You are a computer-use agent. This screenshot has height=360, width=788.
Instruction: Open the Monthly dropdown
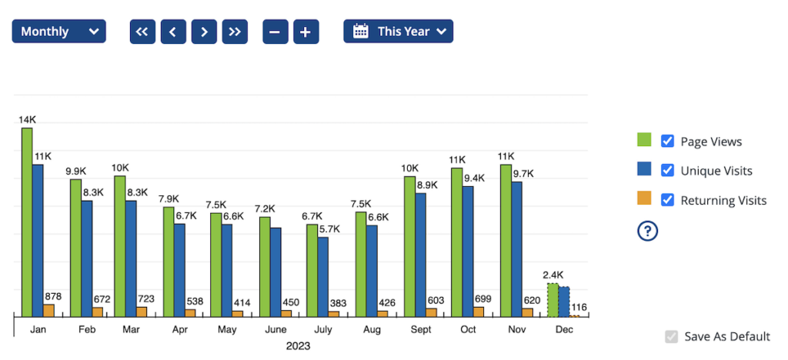click(x=59, y=32)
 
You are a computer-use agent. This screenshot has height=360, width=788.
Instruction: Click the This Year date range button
click(x=399, y=32)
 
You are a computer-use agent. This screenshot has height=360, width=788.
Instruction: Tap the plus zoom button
click(x=306, y=32)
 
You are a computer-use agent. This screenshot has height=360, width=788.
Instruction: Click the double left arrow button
click(x=142, y=32)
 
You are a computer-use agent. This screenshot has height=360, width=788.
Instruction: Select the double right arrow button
click(x=235, y=32)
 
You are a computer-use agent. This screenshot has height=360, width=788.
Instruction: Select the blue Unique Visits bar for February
click(x=87, y=258)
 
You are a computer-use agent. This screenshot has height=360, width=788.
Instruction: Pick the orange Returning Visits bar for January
click(x=49, y=310)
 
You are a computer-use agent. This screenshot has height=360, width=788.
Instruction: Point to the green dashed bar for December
click(x=553, y=300)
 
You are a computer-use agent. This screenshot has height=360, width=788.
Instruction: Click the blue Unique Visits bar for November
click(x=517, y=248)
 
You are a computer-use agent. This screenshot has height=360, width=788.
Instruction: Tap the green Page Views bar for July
click(x=312, y=270)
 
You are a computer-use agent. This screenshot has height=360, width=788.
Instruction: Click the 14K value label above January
click(x=28, y=120)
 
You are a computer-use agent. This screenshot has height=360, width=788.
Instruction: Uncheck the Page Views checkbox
click(x=668, y=141)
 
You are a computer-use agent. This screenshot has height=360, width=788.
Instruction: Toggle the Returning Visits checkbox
click(x=668, y=200)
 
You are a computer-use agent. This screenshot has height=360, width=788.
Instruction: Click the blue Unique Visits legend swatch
click(x=644, y=170)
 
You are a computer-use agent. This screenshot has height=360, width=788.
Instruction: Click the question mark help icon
click(x=646, y=230)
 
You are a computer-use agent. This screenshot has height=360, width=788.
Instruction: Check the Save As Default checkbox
click(x=672, y=336)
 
